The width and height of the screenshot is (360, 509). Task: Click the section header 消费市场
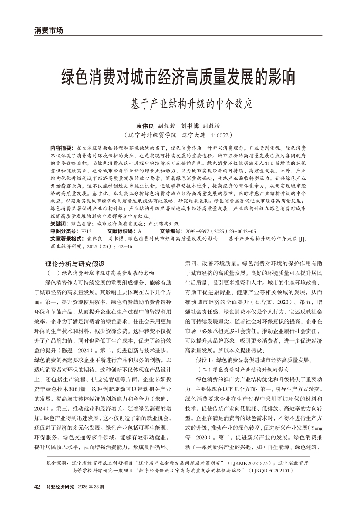click(x=49, y=30)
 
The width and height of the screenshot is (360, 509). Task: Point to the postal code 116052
click(x=221, y=135)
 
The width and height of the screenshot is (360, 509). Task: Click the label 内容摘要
click(x=62, y=148)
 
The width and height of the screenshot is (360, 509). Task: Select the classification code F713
click(x=86, y=231)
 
